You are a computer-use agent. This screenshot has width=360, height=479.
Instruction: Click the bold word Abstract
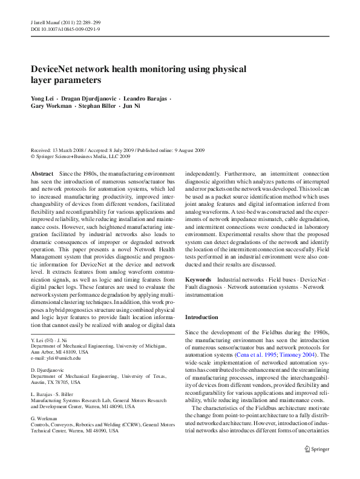point(42,173)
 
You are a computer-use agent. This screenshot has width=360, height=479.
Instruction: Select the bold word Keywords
point(198,280)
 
